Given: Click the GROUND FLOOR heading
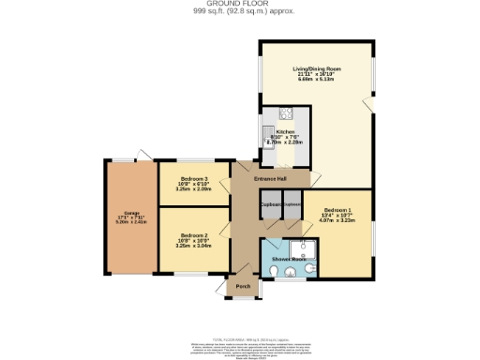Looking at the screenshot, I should pos(239,4).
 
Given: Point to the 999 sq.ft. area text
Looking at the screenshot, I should pos(239,11).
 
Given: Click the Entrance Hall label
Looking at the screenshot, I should pos(270,179).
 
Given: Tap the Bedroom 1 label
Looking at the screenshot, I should pos(337,209).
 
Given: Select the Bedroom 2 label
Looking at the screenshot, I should pos(193,234).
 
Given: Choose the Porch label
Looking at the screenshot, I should pos(242,287).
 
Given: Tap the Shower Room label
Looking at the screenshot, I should pos(285,258).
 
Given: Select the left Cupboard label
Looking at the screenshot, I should pos(270,203).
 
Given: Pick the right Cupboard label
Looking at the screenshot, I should pos(291,203).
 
